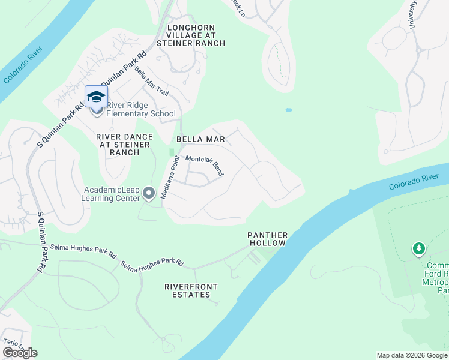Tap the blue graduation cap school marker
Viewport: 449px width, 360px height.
tap(96, 97)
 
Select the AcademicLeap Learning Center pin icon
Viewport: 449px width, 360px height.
tap(149, 193)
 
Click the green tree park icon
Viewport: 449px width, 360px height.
tap(418, 248)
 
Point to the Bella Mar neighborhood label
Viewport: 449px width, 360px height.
tap(200, 139)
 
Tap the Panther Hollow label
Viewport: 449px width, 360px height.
tap(268, 239)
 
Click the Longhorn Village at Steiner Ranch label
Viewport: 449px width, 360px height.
tap(191, 35)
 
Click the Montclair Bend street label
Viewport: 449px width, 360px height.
tap(205, 166)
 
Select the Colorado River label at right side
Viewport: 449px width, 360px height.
tap(414, 182)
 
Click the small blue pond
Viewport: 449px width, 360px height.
tap(289, 110)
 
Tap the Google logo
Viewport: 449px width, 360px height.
tap(20, 353)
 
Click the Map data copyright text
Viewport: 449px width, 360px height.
tap(411, 355)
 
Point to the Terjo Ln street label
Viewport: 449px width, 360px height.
tap(12, 344)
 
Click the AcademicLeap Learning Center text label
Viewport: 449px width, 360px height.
tap(112, 194)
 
